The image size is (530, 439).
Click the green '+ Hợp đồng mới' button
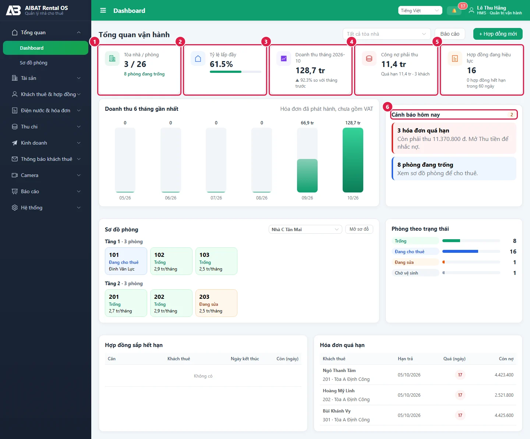498,34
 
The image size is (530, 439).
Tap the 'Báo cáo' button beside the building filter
450,34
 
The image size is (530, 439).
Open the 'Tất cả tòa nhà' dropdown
386,34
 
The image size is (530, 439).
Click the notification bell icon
454,11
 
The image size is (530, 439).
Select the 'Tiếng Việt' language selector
420,10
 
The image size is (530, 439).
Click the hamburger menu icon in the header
103,10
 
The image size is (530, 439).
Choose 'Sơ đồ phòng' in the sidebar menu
33,63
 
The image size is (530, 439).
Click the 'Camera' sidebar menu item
29,175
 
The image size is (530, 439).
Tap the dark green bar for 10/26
353,160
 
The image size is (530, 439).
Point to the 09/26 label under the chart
307,198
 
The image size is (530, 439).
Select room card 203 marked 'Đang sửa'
216,303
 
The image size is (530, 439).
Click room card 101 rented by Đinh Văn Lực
126,261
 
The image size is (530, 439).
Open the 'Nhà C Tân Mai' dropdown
305,229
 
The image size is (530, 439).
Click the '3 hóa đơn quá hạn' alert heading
423,130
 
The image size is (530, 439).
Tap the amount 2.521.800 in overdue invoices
504,395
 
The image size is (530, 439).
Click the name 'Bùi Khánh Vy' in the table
336,411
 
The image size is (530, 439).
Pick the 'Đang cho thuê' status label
409,251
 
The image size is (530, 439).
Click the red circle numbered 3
266,42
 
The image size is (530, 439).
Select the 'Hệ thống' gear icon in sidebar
15,208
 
